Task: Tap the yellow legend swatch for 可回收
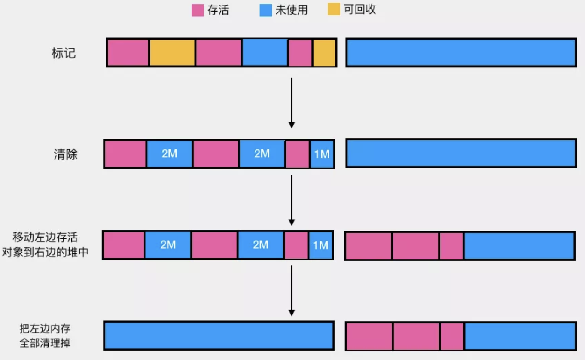tap(334, 9)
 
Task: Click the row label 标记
tap(64, 53)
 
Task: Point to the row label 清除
tap(65, 154)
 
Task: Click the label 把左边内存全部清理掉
tap(45, 336)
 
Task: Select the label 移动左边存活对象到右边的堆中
tap(45, 244)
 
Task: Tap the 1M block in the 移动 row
tap(320, 245)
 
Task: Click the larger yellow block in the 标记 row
tap(172, 53)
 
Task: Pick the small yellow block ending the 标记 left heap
tap(324, 53)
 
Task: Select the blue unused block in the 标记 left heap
tap(265, 53)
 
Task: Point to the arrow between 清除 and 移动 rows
tap(292, 199)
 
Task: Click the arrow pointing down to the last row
tap(292, 290)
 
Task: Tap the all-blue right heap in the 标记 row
tap(461, 53)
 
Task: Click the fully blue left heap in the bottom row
tap(219, 336)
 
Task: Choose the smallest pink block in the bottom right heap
tap(451, 336)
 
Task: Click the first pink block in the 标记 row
tap(128, 53)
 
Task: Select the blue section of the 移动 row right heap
tap(519, 246)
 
